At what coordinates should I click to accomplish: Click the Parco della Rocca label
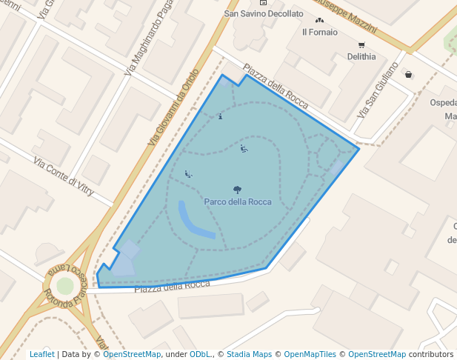[x=238, y=201]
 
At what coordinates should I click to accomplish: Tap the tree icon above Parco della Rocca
[x=237, y=190]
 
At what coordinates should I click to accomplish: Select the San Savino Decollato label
[x=264, y=13]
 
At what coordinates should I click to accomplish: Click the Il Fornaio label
[x=320, y=32]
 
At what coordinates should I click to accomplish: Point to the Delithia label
[x=361, y=56]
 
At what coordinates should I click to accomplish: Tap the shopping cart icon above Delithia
[x=361, y=44]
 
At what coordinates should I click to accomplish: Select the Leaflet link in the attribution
[x=41, y=354]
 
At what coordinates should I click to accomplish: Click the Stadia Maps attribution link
[x=248, y=354]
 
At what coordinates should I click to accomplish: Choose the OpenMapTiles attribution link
[x=310, y=354]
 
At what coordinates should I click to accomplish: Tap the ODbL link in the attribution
[x=200, y=354]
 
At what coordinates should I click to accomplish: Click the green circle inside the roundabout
[x=65, y=285]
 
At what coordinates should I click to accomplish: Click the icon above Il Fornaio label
[x=320, y=21]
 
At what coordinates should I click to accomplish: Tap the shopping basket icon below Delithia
[x=408, y=74]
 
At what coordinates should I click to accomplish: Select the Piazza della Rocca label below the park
[x=173, y=285]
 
